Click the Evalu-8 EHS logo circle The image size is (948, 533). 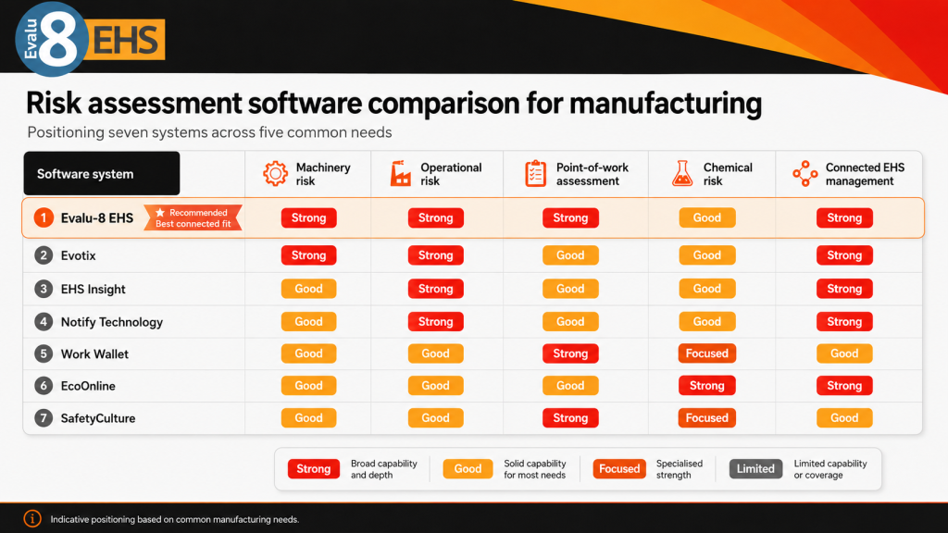[x=52, y=39]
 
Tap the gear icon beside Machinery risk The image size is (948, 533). [x=275, y=173]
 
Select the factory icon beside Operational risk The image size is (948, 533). [x=400, y=173]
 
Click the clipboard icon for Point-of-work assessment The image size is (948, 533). [x=536, y=173]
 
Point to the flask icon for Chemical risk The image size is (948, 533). [x=682, y=173]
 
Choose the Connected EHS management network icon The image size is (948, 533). [x=805, y=173]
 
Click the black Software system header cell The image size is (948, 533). [x=102, y=173]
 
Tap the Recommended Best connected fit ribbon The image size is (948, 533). [x=193, y=218]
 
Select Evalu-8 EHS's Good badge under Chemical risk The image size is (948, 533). [x=706, y=217]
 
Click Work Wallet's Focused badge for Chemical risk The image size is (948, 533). [x=706, y=353]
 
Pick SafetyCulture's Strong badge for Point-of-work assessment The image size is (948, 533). [x=570, y=417]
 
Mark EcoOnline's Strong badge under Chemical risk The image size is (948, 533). [x=706, y=386]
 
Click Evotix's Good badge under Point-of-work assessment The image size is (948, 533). [x=570, y=255]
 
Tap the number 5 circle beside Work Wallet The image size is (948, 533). [x=44, y=353]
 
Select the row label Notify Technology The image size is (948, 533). [x=112, y=321]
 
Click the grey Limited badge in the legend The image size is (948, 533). [x=755, y=469]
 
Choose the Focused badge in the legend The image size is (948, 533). [x=619, y=469]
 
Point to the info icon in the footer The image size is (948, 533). [x=32, y=518]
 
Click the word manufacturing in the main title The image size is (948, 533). [x=665, y=104]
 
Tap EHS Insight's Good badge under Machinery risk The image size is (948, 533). [x=308, y=289]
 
